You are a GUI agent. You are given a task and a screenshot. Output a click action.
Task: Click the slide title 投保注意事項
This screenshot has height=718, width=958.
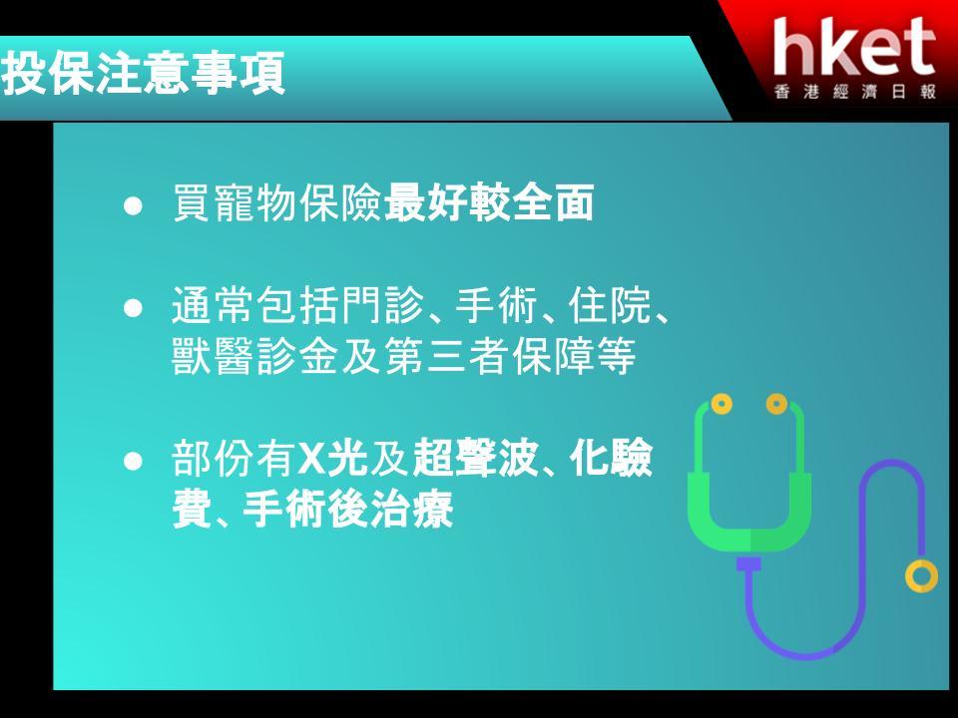coord(143,73)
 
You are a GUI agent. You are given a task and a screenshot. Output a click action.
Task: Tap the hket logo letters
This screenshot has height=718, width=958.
coord(854,48)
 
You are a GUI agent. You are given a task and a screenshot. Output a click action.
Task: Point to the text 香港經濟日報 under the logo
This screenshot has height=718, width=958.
coord(855,92)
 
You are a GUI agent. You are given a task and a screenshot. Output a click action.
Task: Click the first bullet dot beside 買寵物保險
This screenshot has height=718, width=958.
coord(133,205)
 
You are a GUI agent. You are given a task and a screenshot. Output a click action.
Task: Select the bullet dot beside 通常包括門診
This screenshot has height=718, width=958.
coord(133,308)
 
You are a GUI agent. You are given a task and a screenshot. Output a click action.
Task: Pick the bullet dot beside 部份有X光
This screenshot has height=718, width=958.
coord(133,461)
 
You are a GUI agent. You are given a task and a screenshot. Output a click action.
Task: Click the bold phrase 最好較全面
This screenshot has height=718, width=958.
coord(489,202)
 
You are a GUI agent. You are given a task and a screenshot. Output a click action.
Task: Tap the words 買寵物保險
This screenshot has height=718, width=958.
coord(277,202)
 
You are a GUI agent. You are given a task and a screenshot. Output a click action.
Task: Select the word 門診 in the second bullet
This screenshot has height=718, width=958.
coord(382,305)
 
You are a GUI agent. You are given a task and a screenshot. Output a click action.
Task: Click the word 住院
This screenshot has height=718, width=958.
coord(610,305)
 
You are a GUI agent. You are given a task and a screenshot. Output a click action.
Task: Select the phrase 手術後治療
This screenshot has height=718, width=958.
coord(347,509)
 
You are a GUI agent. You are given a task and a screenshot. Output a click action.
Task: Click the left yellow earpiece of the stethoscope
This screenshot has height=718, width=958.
coord(721,404)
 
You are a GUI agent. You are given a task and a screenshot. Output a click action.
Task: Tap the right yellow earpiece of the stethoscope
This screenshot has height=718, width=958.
coord(776,404)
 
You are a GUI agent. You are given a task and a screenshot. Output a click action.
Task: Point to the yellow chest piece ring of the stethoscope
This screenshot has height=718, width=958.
coord(921,575)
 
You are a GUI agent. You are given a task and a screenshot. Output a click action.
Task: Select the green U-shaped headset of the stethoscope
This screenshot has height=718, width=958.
coord(749,538)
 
